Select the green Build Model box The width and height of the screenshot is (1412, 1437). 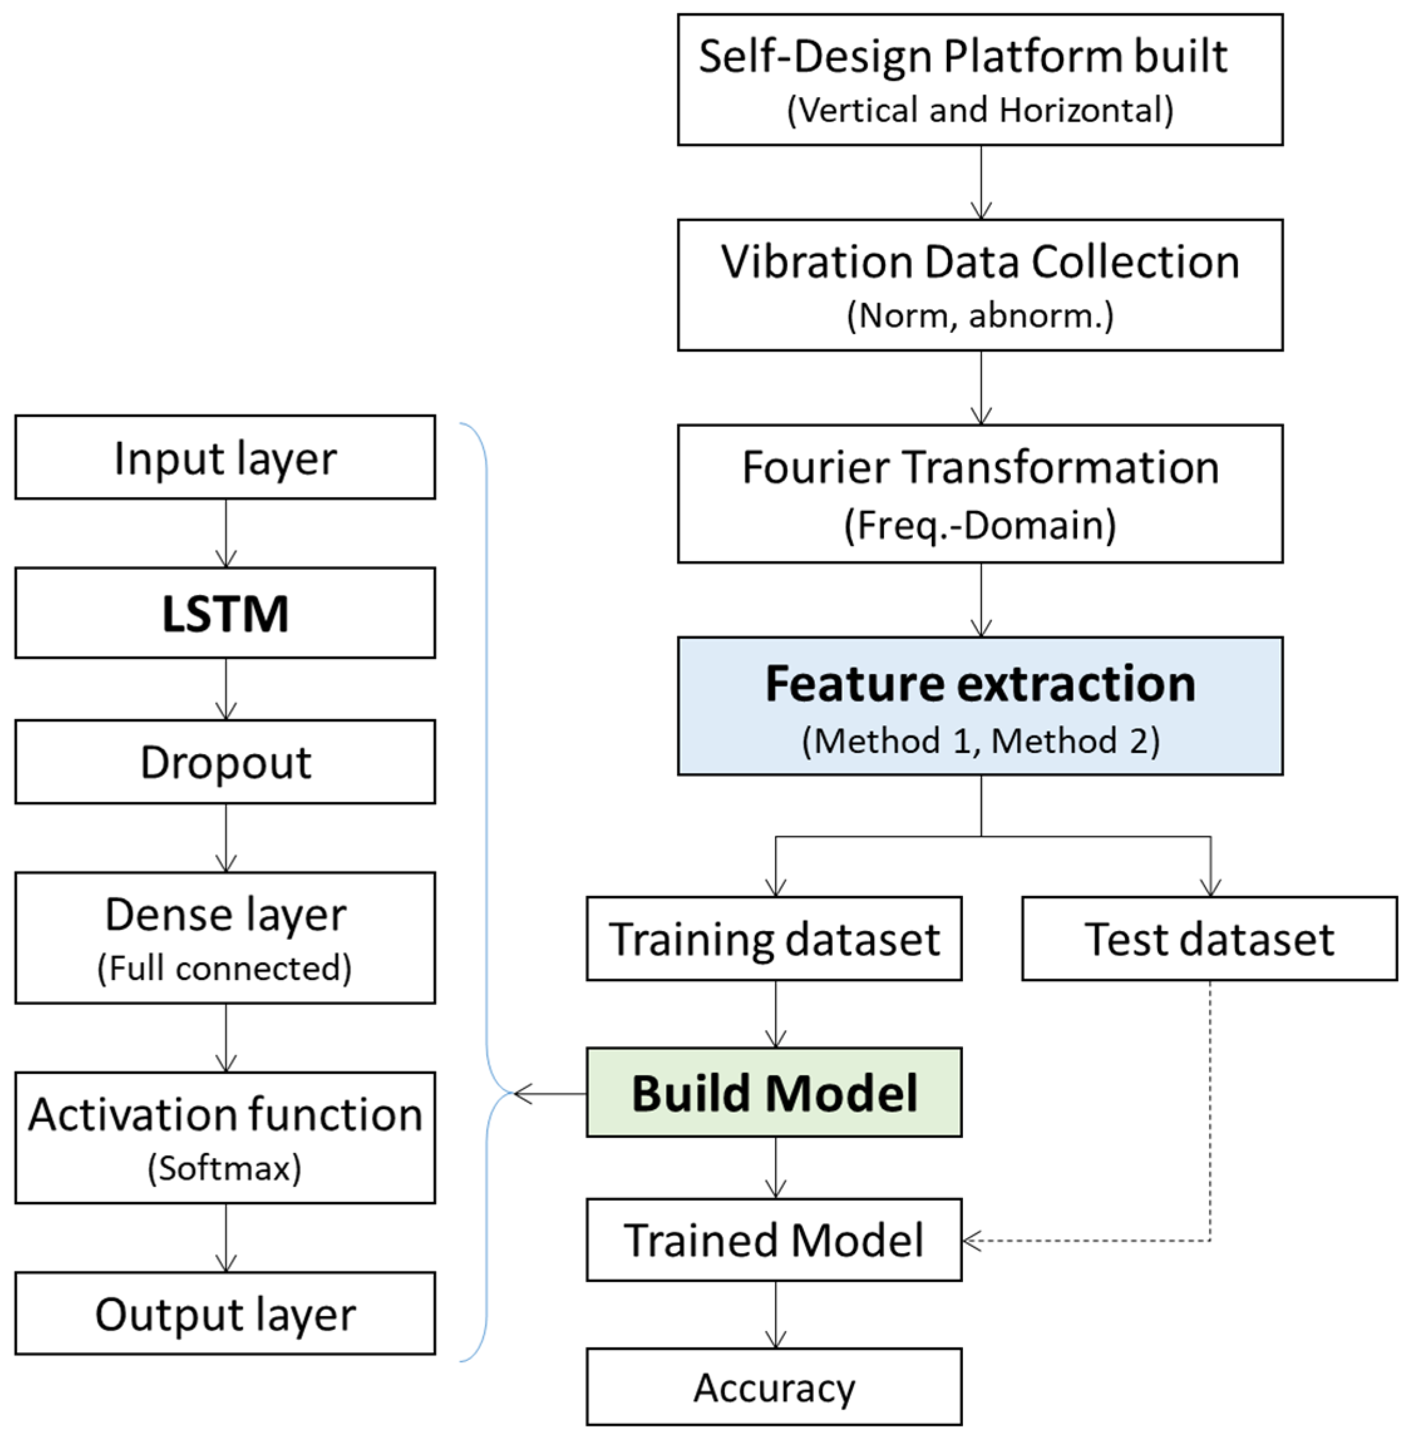point(774,1093)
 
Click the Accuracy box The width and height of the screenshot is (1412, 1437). point(774,1387)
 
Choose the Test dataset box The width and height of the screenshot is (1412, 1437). point(1209,939)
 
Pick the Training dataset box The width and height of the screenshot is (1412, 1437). point(774,939)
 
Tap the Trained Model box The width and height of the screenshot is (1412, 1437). point(774,1240)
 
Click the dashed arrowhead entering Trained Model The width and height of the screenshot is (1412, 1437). point(971,1240)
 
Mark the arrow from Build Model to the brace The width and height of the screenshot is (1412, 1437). point(549,1093)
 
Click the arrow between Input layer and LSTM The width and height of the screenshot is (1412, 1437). point(226,534)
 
